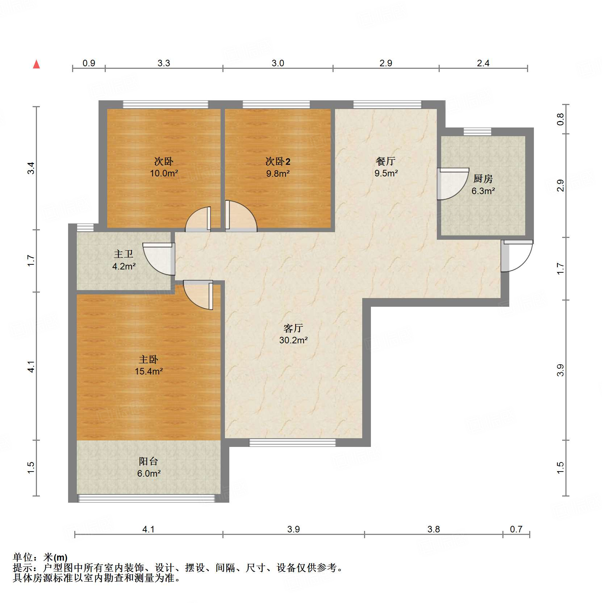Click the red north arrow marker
[x=36, y=64]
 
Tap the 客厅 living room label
[x=293, y=328]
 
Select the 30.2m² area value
[x=293, y=340]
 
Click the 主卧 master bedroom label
[x=149, y=359]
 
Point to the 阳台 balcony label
[x=149, y=461]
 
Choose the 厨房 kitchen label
[x=483, y=179]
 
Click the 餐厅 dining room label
[x=386, y=161]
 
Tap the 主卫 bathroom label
[x=124, y=254]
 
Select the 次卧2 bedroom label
[x=278, y=161]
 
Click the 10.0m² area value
[x=164, y=173]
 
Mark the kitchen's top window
[x=477, y=132]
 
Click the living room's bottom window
[x=293, y=442]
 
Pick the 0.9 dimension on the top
[x=89, y=63]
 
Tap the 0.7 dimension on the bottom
[x=516, y=529]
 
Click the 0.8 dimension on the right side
[x=560, y=119]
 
